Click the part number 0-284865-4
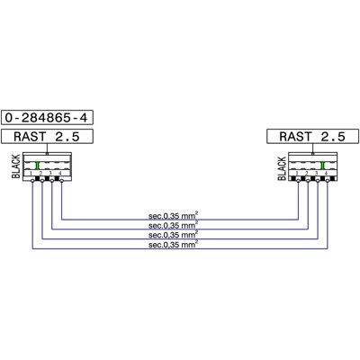tap(47, 117)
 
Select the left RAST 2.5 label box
tap(47, 137)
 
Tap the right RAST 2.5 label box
tap(312, 137)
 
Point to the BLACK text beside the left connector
tap(16, 166)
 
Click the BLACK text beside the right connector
tap(282, 168)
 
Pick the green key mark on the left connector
tap(38, 166)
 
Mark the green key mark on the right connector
tap(322, 166)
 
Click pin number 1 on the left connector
tap(31, 174)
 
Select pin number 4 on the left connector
tap(60, 173)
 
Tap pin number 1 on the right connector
tap(297, 174)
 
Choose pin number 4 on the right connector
tap(326, 173)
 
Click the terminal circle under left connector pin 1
tap(32, 180)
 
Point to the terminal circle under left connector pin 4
tap(61, 180)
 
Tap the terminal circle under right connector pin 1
tap(298, 180)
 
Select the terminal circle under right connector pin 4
tap(328, 180)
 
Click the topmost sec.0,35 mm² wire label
tap(173, 216)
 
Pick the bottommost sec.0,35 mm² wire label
tap(173, 245)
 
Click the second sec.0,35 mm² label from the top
tap(173, 225)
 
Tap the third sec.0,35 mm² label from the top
tap(173, 235)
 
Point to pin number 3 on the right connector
tap(316, 173)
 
